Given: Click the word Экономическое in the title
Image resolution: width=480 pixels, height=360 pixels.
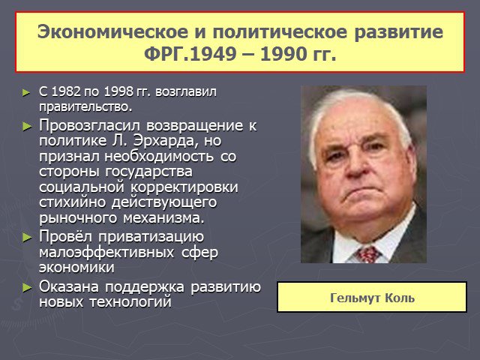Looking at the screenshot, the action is click(112, 31).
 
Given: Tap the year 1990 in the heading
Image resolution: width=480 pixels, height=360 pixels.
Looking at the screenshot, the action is click(283, 54).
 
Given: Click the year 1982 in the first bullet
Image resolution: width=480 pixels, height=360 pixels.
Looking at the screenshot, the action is click(66, 91).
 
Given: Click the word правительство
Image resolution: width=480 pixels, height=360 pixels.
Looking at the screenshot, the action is click(85, 106).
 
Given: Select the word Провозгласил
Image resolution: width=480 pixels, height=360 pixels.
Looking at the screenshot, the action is click(89, 126).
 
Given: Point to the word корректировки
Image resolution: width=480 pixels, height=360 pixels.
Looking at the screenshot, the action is click(184, 187).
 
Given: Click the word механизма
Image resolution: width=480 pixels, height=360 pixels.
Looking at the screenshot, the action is click(163, 218).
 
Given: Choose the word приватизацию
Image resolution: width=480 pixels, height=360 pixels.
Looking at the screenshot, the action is click(151, 237).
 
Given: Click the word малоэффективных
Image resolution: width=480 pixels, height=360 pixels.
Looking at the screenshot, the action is click(106, 253).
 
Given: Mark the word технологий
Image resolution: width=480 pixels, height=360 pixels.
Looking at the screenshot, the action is click(130, 302).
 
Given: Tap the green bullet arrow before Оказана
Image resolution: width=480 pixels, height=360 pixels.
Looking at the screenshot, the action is click(27, 287).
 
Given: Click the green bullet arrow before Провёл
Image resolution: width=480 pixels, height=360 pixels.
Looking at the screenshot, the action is click(27, 237).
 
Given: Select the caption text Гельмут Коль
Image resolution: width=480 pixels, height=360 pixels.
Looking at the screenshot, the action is click(372, 298).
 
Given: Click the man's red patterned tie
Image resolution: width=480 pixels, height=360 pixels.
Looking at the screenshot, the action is click(367, 254).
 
